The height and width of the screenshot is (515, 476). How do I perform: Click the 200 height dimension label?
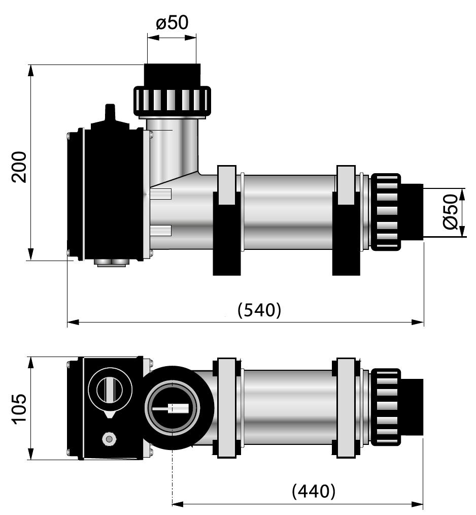tap(19, 167)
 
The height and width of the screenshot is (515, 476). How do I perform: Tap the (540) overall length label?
tap(259, 310)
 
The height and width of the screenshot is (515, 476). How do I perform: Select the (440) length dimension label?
tap(314, 491)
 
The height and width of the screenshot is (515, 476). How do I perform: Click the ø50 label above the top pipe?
tap(173, 23)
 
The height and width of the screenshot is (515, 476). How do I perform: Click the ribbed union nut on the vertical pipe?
tap(172, 100)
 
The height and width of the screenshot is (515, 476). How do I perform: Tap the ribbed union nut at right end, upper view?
tap(386, 212)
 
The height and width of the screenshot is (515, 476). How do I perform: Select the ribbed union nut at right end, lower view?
tap(386, 407)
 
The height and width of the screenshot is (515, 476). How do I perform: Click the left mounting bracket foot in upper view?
tap(227, 233)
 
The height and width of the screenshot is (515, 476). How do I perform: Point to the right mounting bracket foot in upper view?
tap(346, 233)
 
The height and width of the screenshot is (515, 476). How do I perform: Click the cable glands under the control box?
tap(112, 262)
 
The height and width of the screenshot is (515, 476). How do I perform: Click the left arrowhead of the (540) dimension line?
tap(73, 322)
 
